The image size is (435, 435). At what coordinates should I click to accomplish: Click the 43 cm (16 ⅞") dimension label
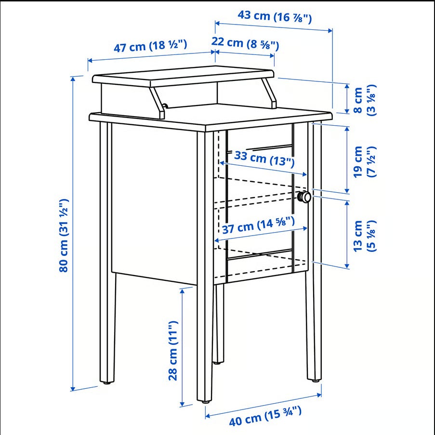point(275,17)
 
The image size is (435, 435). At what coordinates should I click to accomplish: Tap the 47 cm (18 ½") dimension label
point(150,46)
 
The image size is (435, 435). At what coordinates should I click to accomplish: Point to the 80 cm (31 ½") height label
point(64,235)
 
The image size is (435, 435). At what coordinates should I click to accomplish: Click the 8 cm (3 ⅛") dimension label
point(365,100)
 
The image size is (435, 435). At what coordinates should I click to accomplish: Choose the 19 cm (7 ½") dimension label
point(365,161)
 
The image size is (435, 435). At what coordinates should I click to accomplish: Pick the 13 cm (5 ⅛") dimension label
point(365,236)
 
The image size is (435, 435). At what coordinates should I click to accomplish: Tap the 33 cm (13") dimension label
point(264,158)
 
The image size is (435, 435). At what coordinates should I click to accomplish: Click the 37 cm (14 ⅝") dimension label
point(258,225)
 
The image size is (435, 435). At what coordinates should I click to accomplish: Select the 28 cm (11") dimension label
point(173,351)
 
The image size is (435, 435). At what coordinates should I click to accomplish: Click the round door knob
point(304,197)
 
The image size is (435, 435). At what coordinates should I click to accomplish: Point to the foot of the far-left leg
point(107,382)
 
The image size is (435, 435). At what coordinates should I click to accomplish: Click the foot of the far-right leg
point(315,380)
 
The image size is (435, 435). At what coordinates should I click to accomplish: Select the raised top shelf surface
point(183,76)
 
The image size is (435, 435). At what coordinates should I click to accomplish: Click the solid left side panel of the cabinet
point(154,204)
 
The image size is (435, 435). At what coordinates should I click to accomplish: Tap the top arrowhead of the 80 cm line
point(73,79)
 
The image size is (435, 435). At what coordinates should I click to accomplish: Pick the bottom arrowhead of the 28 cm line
point(182,404)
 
